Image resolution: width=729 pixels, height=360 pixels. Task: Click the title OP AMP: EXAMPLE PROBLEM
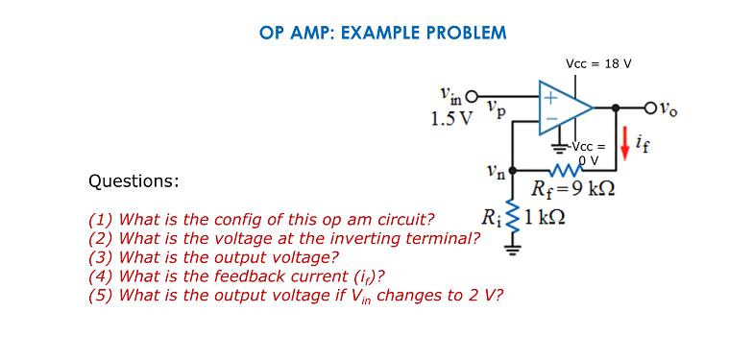pyautogui.click(x=382, y=33)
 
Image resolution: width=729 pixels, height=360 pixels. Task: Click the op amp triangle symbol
pyautogui.click(x=568, y=108)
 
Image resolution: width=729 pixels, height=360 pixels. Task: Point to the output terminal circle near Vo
pyautogui.click(x=655, y=108)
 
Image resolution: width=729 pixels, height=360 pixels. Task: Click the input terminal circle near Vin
pyautogui.click(x=472, y=97)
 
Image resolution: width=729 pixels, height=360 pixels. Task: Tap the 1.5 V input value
pyautogui.click(x=451, y=120)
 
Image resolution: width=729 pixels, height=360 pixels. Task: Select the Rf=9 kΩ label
pyautogui.click(x=573, y=187)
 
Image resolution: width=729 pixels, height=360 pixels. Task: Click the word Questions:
pyautogui.click(x=134, y=180)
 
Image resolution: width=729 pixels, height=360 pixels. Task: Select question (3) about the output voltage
pyautogui.click(x=213, y=257)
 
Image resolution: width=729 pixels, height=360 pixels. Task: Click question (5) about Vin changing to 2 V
pyautogui.click(x=295, y=295)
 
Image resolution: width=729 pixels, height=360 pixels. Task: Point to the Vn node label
pyautogui.click(x=493, y=174)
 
